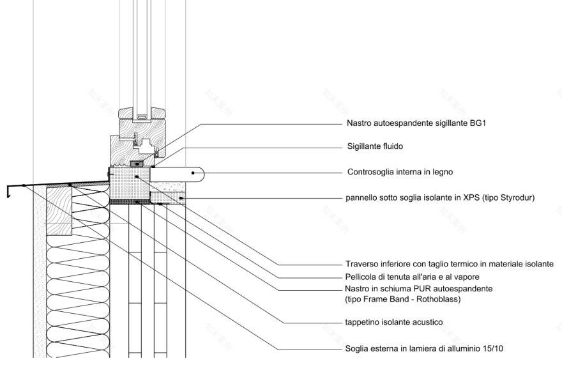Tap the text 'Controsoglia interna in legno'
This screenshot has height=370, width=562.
[x=399, y=172]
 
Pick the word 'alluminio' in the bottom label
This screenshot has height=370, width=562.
[x=459, y=349]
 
